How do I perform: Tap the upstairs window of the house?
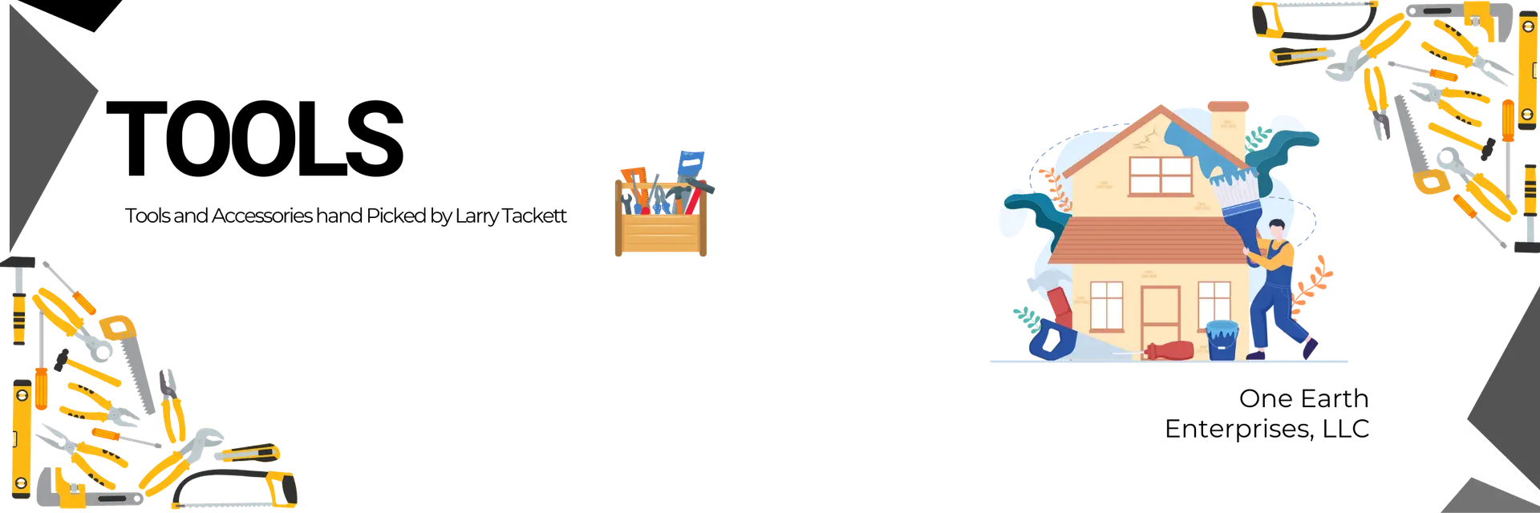click(x=1160, y=175)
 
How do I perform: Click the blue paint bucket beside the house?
click(x=1221, y=340)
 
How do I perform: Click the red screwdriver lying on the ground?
click(x=1171, y=350)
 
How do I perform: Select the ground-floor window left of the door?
click(x=1106, y=305)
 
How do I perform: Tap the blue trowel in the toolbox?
click(x=691, y=164)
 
